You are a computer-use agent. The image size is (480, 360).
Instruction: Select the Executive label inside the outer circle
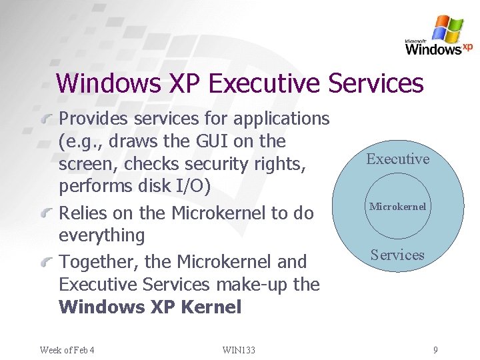click(398, 159)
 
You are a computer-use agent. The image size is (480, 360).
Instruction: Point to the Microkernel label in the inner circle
click(398, 207)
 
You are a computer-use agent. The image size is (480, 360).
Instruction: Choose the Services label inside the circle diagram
click(397, 255)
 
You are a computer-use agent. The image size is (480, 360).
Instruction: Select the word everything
click(102, 235)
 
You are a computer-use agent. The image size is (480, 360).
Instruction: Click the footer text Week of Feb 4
click(67, 349)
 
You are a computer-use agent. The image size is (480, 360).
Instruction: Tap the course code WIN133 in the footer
click(238, 349)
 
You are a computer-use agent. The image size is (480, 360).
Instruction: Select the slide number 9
click(435, 349)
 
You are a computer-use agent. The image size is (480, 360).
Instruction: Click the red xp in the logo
click(467, 47)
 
